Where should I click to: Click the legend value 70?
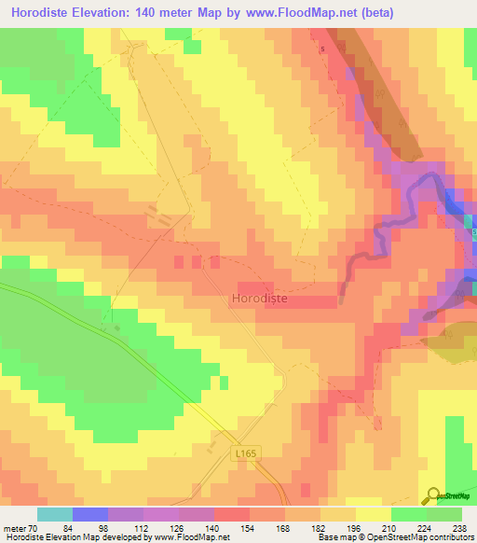[34, 527]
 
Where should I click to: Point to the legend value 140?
[214, 527]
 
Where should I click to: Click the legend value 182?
[320, 527]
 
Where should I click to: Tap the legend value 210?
[390, 527]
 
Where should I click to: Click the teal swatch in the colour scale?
[55, 514]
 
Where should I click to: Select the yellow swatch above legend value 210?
[373, 514]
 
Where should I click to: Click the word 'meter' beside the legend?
[14, 527]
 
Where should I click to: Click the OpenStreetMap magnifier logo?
[434, 495]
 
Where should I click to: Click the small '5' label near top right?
[323, 49]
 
